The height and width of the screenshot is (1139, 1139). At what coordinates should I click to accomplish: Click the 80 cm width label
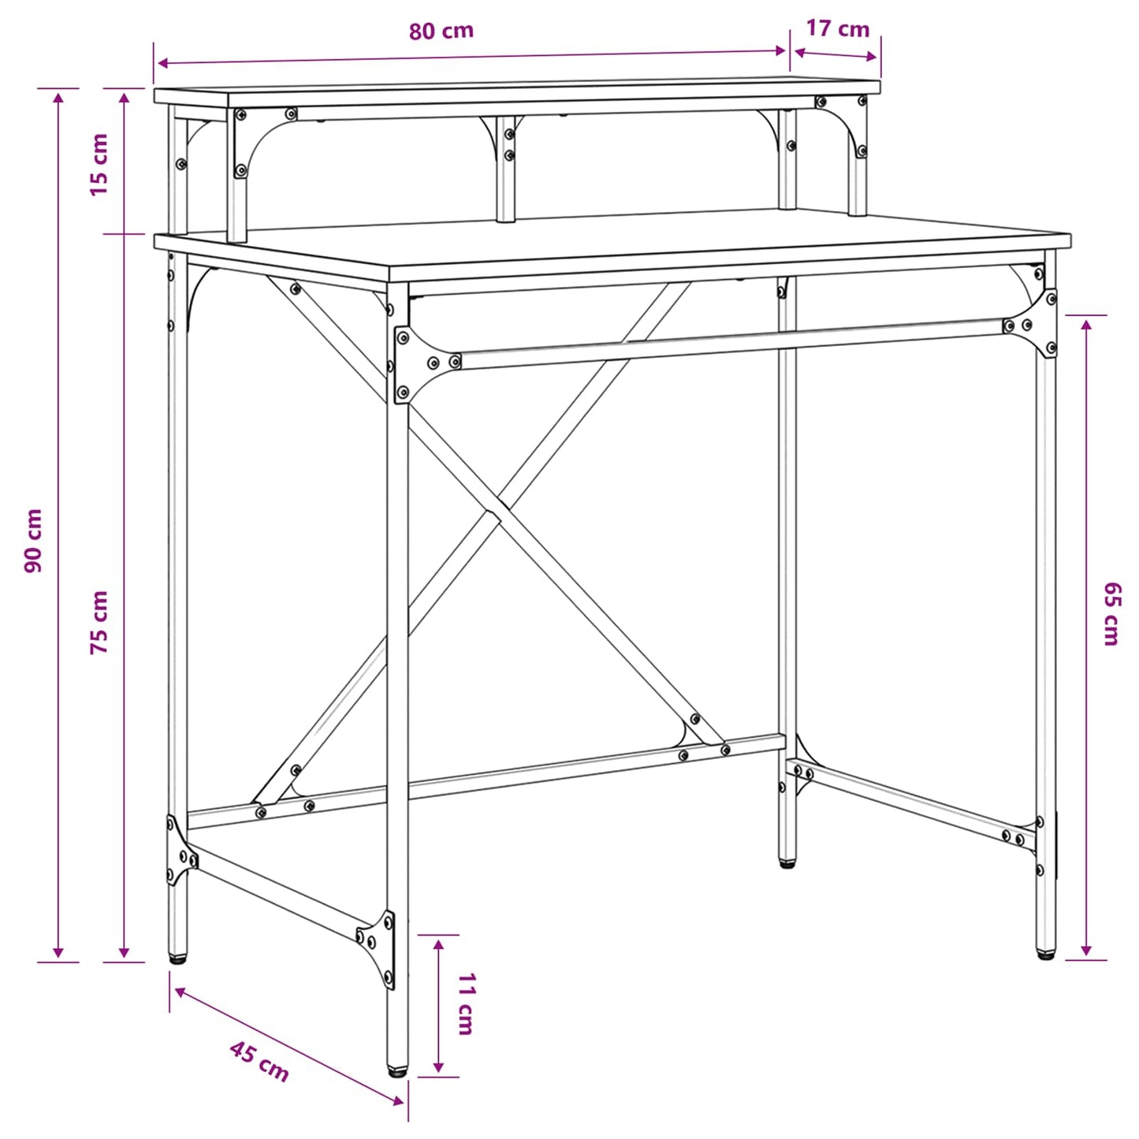tap(441, 32)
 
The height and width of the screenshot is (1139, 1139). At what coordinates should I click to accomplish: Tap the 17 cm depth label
tap(837, 29)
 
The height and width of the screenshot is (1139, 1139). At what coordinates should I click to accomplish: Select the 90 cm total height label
tap(34, 540)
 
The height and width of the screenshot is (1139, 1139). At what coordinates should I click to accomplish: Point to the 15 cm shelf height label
tap(99, 165)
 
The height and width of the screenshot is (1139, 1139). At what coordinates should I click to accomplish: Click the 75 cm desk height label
tap(99, 622)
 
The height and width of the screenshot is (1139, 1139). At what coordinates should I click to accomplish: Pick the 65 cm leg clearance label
tap(1111, 614)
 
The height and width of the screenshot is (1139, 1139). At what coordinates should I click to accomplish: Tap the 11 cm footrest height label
tap(466, 1003)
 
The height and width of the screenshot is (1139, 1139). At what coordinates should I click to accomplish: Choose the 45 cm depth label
tap(259, 1061)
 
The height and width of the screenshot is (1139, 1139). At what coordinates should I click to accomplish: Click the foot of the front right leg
tap(1045, 955)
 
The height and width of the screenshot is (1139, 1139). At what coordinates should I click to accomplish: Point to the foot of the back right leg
tap(787, 863)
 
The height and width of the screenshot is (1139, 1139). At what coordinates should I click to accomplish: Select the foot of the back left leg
tap(178, 958)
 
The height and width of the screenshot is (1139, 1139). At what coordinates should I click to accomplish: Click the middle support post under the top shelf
tap(506, 169)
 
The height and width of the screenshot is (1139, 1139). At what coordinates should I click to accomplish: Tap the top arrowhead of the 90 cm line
tap(58, 96)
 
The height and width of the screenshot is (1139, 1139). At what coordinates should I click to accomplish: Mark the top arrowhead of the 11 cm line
tap(438, 942)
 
